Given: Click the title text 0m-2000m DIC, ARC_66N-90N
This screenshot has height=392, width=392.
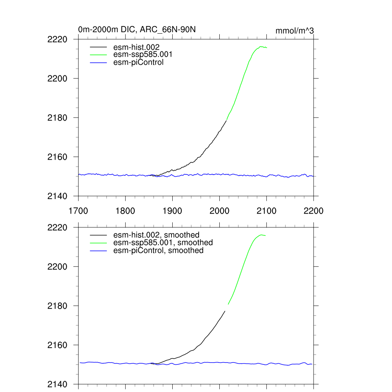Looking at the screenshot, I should [137, 29].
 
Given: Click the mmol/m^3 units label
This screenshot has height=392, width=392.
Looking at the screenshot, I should [295, 31].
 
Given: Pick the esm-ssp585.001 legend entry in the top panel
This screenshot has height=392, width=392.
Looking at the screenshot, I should [143, 55].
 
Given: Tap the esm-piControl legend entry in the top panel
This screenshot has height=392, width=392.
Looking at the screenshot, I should [139, 62].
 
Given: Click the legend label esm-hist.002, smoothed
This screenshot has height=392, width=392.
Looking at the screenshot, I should [157, 235].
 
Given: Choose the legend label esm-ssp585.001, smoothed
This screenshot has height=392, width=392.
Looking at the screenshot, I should [163, 243].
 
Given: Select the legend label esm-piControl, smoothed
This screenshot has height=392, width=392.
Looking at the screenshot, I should [158, 251].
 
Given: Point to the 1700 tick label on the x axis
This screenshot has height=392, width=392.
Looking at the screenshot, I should [78, 211].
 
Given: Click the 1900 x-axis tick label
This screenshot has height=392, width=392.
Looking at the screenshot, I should [172, 211].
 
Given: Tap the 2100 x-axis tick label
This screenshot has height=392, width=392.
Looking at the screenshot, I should [266, 211].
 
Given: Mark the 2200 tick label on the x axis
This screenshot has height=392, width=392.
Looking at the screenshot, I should [314, 211].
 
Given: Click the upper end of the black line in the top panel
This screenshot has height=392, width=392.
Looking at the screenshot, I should [227, 121].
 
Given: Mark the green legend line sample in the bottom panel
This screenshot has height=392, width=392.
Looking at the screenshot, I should [98, 243].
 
